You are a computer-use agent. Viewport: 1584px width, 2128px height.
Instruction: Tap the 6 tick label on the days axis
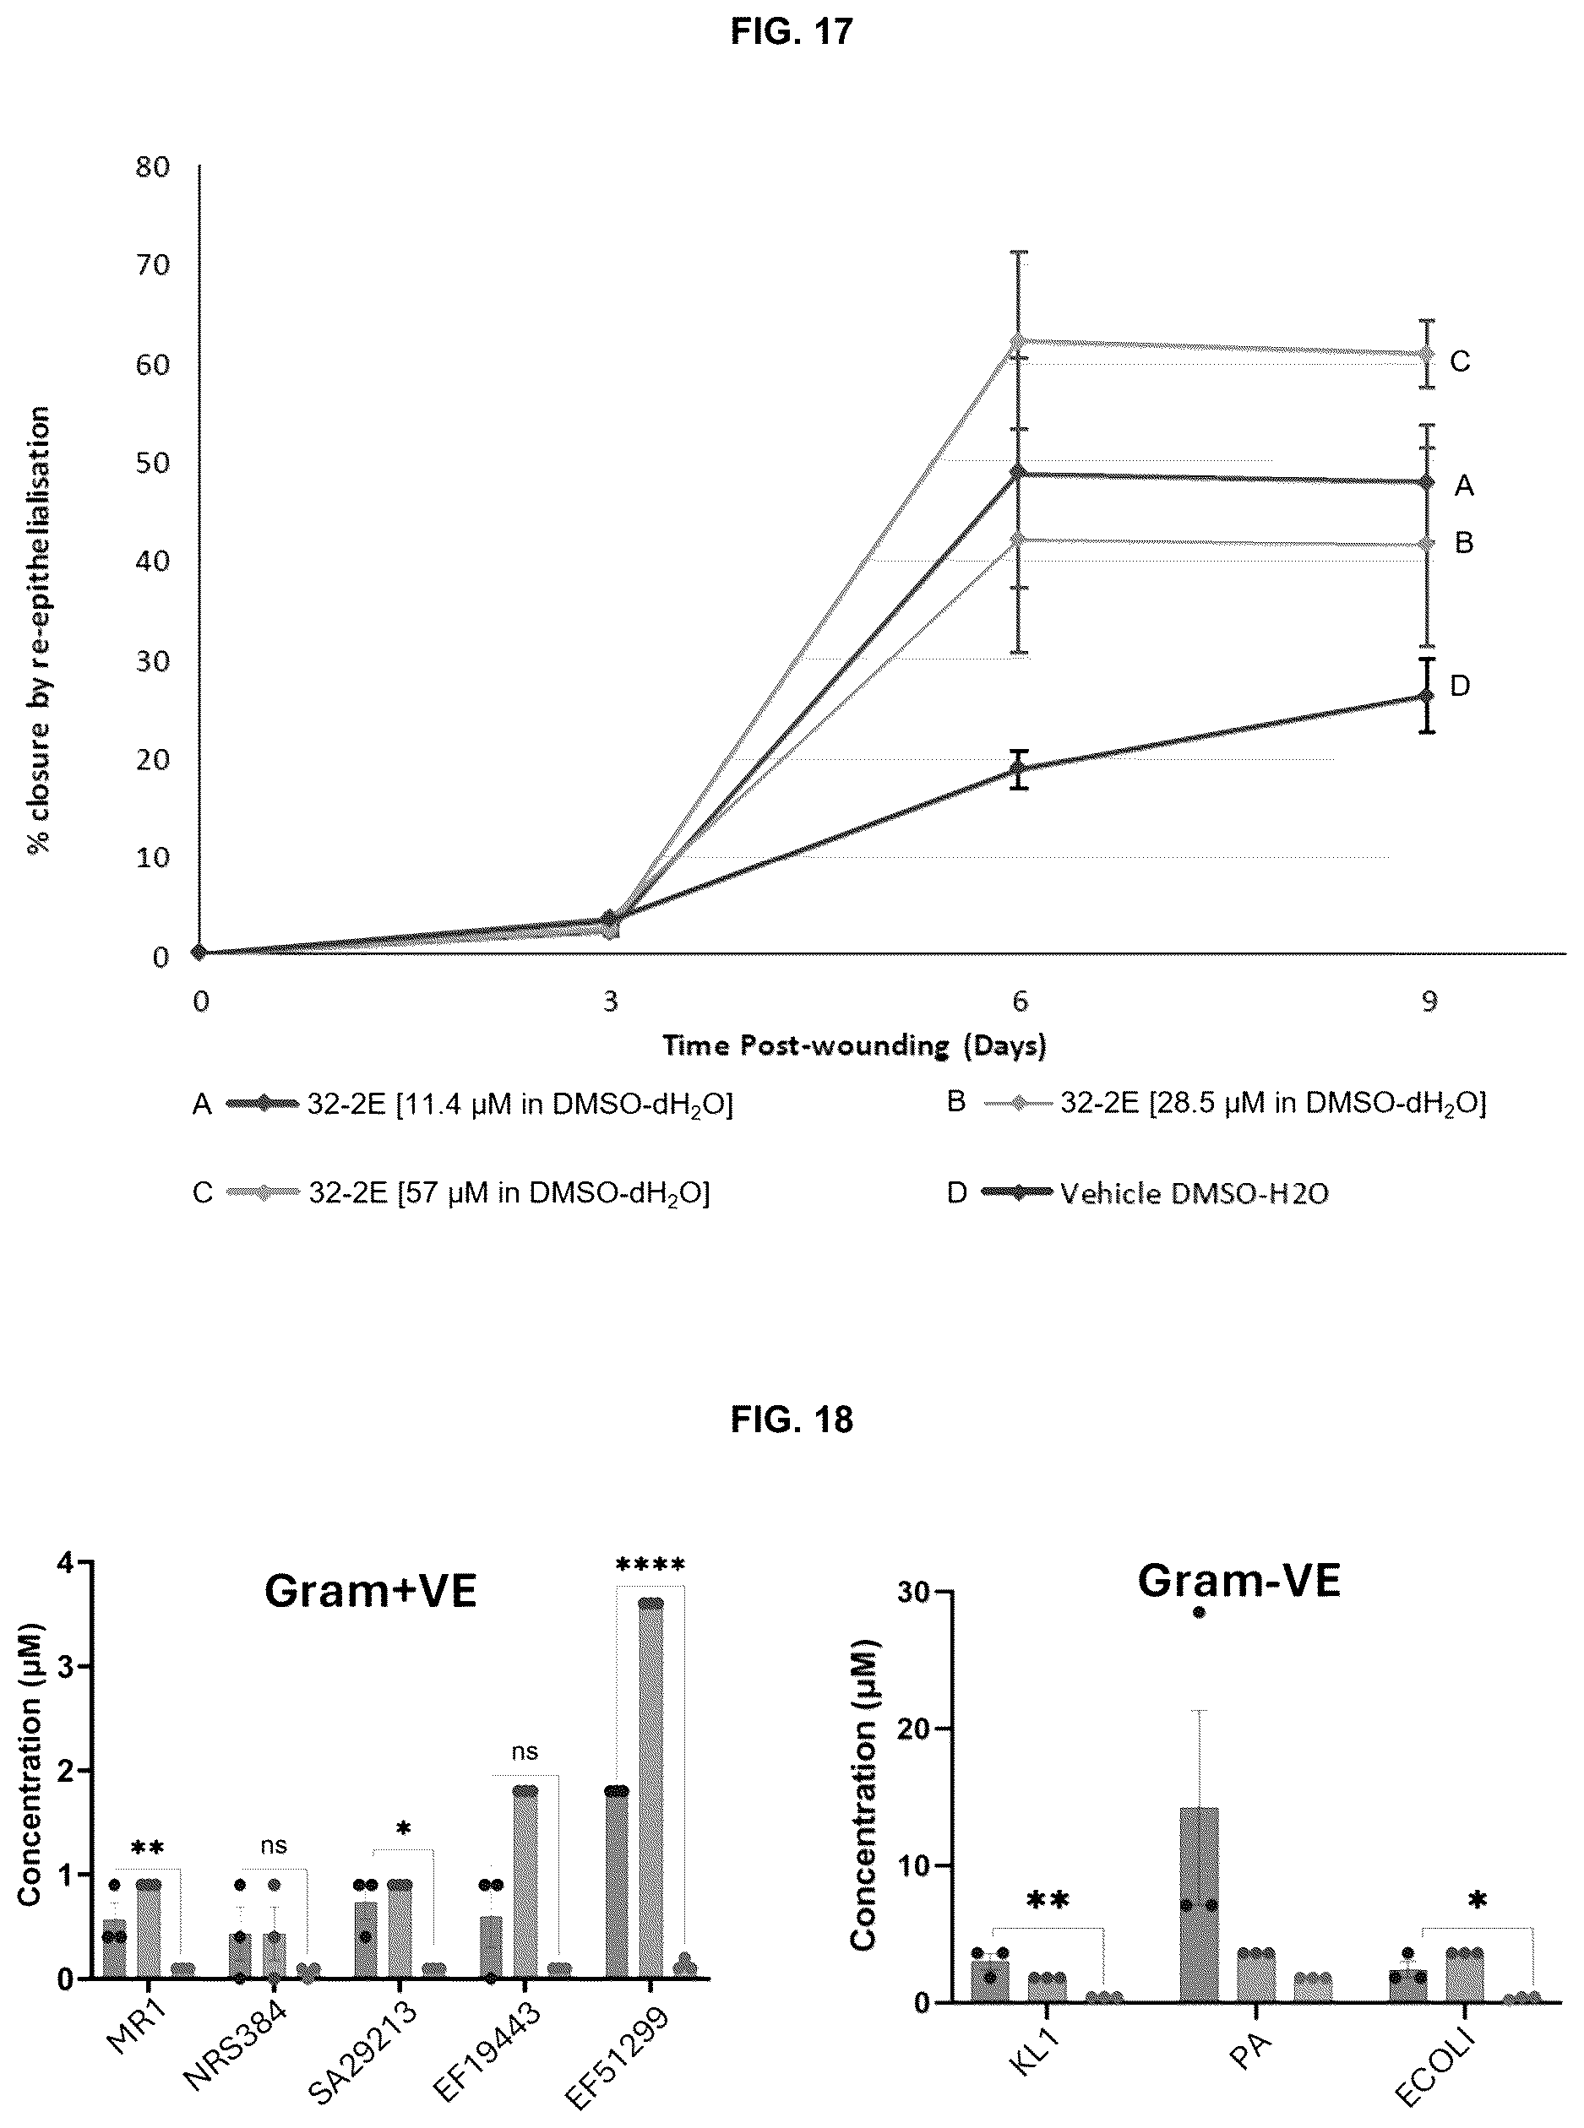[x=1019, y=1001]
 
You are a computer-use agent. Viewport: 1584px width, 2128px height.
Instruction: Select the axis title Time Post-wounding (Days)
[x=854, y=1045]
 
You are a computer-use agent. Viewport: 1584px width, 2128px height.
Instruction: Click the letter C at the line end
[x=1459, y=361]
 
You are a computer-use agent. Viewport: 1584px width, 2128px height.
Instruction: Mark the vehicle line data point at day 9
[x=1427, y=696]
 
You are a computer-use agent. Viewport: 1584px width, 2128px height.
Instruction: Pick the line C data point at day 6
[x=1018, y=340]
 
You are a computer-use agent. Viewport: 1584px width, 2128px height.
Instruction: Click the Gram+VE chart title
[x=370, y=1592]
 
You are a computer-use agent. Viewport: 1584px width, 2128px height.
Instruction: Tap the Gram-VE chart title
[x=1238, y=1581]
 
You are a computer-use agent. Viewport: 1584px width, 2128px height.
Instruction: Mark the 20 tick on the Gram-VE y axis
[x=918, y=1729]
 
